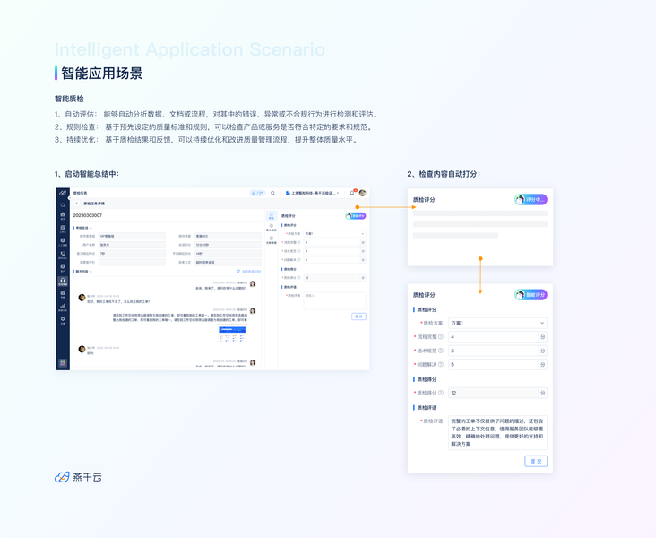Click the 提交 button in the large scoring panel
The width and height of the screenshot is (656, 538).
[x=536, y=461]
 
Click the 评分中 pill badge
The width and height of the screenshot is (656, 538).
[x=531, y=199]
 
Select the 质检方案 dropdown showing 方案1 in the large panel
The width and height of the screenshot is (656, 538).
[x=497, y=323]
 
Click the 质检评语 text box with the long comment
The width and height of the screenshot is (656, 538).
[x=496, y=431]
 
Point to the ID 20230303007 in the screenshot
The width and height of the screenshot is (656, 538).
[x=88, y=215]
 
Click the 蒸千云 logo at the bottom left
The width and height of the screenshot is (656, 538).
[x=78, y=477]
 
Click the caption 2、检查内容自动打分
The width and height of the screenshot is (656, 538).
[x=444, y=173]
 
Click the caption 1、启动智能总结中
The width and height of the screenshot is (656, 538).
[x=86, y=173]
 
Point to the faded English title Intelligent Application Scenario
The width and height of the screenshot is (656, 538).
[x=190, y=50]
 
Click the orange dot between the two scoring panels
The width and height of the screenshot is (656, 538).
[x=480, y=258]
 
